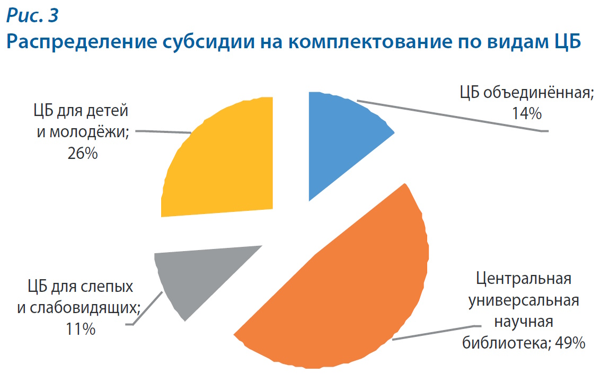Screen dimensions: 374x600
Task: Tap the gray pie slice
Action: coord(191,275)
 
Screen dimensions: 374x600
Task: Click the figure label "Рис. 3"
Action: coord(32,16)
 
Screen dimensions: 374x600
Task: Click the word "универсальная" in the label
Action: coord(523,300)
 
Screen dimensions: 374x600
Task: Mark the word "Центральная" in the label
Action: coord(523,279)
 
